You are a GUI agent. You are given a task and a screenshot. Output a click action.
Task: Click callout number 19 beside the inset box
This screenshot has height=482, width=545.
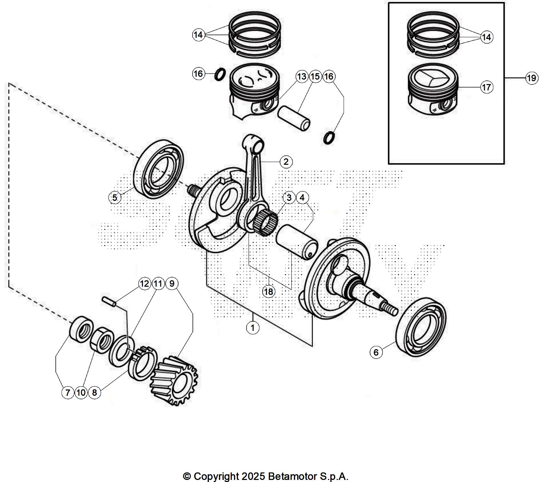(531, 78)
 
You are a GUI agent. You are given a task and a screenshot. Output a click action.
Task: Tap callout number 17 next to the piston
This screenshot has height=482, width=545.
(487, 87)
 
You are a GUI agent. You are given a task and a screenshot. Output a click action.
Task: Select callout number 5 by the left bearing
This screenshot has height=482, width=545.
(115, 197)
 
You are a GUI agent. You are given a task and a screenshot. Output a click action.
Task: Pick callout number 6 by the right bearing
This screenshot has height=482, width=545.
(376, 352)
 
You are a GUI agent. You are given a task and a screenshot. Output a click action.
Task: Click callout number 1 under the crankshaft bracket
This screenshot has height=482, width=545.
(253, 328)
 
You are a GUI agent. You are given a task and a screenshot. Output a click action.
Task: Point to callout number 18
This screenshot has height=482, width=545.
(269, 292)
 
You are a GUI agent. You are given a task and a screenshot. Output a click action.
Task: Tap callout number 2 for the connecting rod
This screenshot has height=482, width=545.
(286, 162)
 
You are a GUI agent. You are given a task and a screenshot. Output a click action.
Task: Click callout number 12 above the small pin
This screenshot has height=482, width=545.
(145, 283)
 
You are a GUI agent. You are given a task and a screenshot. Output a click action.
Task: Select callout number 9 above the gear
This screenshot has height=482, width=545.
(172, 283)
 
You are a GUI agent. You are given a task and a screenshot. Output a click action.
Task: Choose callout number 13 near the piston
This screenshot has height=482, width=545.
(302, 77)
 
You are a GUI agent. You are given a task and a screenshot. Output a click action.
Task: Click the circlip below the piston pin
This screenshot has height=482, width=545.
(329, 137)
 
